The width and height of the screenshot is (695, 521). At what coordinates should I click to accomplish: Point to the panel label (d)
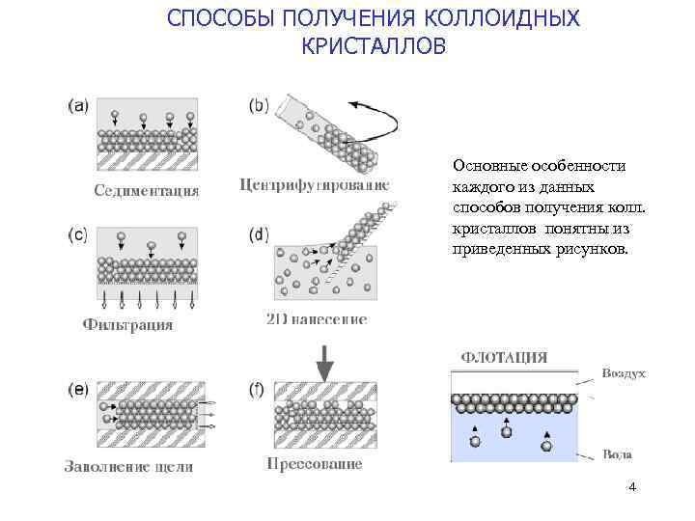click(x=259, y=233)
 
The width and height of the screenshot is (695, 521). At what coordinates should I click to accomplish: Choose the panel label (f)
click(x=257, y=390)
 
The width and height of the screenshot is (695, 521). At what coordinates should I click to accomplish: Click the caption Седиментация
click(x=147, y=189)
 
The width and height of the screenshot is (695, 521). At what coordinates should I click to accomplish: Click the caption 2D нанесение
click(x=316, y=318)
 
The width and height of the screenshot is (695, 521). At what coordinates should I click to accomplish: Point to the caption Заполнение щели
click(x=128, y=467)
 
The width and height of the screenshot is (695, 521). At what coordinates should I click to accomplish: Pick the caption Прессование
click(x=315, y=464)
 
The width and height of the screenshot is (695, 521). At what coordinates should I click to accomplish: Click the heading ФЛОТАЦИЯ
click(x=504, y=357)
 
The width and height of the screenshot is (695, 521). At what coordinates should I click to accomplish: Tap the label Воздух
click(x=623, y=372)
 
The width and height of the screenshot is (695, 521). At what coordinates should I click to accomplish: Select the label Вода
click(x=618, y=453)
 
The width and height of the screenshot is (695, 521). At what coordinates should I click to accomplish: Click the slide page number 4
click(x=631, y=487)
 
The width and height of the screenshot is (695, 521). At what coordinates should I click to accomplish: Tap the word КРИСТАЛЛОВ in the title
click(x=374, y=45)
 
